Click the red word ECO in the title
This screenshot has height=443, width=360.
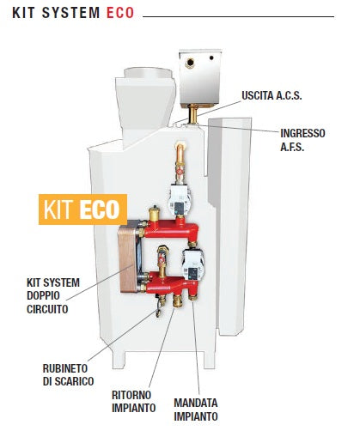120,13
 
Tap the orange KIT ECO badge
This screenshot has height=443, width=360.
82,209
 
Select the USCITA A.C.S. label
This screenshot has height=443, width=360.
272,95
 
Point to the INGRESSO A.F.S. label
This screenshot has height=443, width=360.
302,140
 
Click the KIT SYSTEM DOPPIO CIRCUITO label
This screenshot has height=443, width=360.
53,296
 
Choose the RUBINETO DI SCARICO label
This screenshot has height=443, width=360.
69,375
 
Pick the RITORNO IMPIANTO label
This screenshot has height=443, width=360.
133,402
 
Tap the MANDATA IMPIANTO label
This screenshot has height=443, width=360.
196,410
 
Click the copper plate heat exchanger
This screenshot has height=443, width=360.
128,258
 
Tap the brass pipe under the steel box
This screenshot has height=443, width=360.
193,113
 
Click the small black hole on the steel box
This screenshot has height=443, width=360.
211,58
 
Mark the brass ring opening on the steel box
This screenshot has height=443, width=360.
190,63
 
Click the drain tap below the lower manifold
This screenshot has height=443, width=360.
160,306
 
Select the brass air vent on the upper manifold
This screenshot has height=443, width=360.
154,213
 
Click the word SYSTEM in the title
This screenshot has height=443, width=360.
70,13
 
